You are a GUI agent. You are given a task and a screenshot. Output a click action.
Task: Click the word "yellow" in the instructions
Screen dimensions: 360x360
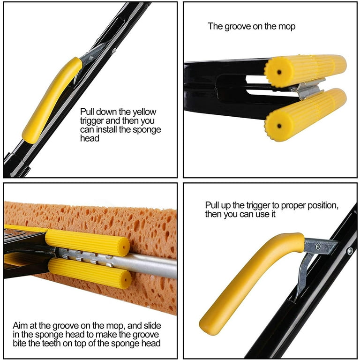144,112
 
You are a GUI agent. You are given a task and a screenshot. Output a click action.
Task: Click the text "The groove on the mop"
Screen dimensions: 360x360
252,26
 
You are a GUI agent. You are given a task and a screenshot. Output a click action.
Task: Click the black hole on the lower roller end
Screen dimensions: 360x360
279,126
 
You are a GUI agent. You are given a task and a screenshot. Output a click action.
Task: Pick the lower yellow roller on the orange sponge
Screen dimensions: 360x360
89,273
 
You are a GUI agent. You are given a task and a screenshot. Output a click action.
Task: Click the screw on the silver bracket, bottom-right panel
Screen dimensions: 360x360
318,245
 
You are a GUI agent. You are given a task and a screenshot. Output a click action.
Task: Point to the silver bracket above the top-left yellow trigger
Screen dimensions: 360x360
94,55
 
